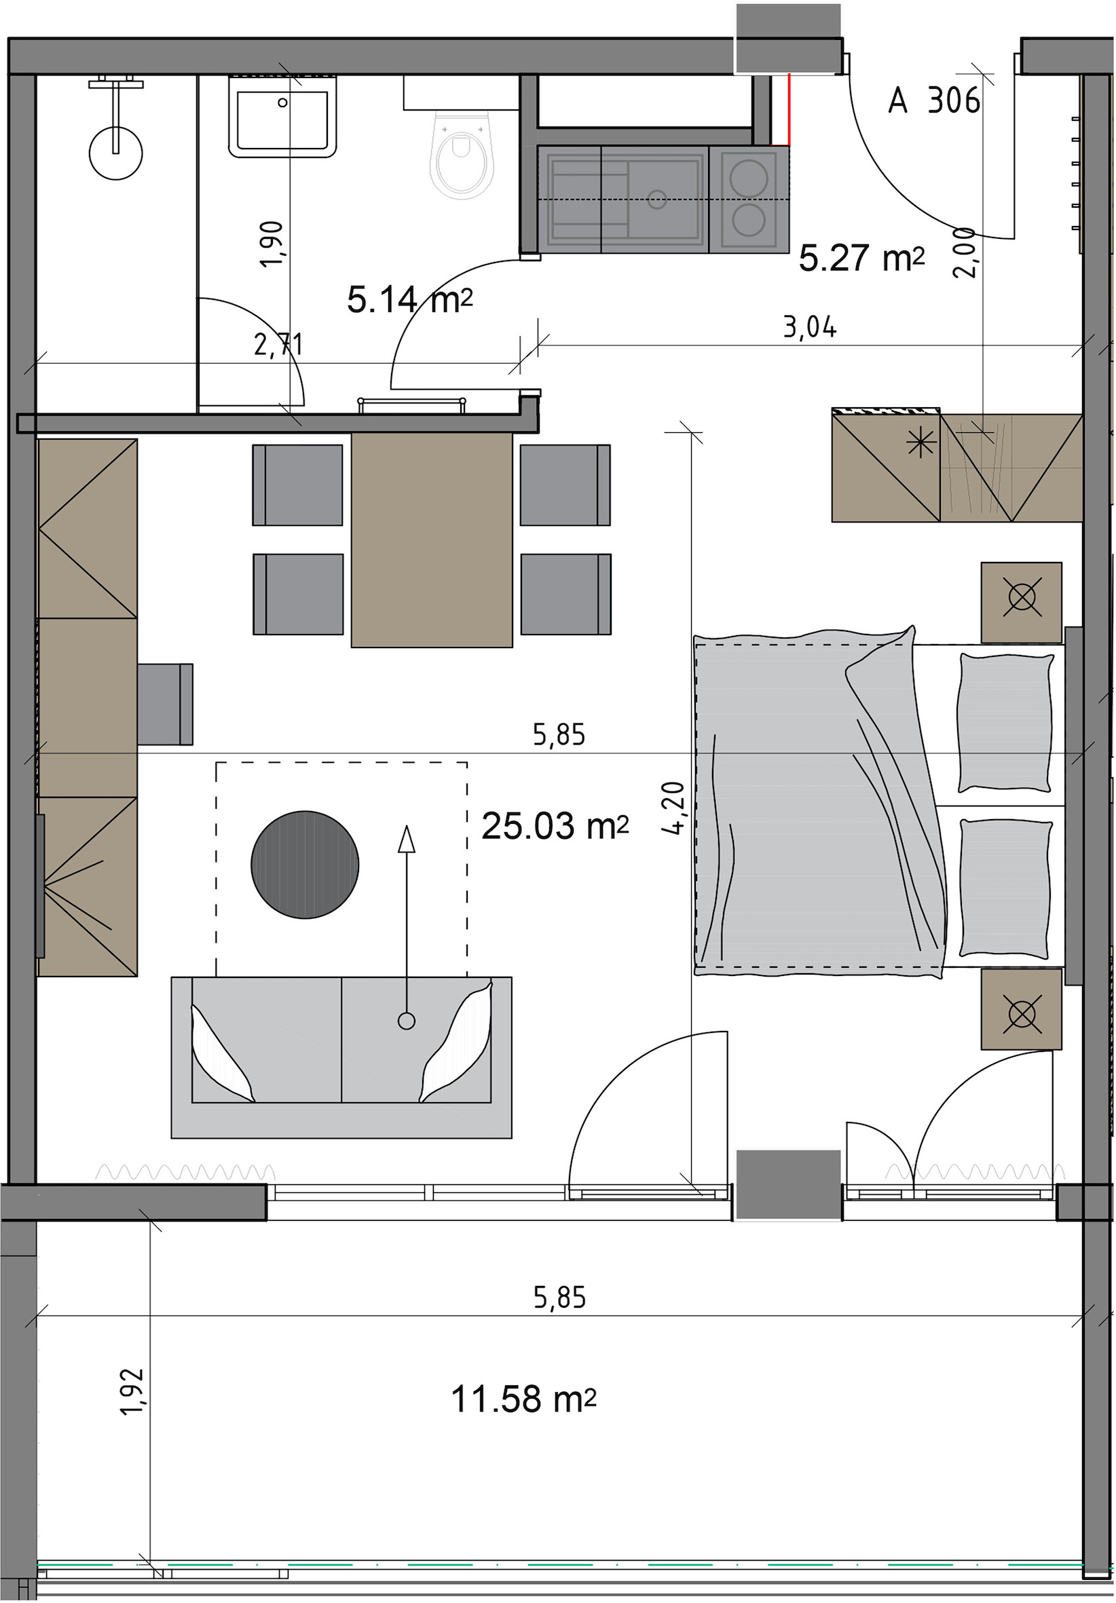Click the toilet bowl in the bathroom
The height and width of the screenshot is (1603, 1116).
click(461, 155)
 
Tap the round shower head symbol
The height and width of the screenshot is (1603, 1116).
click(115, 153)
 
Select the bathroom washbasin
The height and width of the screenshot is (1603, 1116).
click(283, 117)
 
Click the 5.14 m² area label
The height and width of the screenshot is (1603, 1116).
click(410, 301)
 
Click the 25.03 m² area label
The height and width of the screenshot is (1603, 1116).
click(555, 827)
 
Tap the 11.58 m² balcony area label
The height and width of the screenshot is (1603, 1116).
click(523, 1399)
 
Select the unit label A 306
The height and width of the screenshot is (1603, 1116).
click(933, 100)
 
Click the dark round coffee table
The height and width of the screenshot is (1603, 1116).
click(305, 865)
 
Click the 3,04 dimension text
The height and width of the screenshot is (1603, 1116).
click(809, 326)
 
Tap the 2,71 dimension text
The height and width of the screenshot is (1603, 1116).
click(278, 345)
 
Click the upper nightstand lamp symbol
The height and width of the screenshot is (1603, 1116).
click(1022, 599)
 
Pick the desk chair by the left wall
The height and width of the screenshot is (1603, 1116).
click(165, 704)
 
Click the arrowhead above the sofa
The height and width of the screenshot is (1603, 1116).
click(406, 839)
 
